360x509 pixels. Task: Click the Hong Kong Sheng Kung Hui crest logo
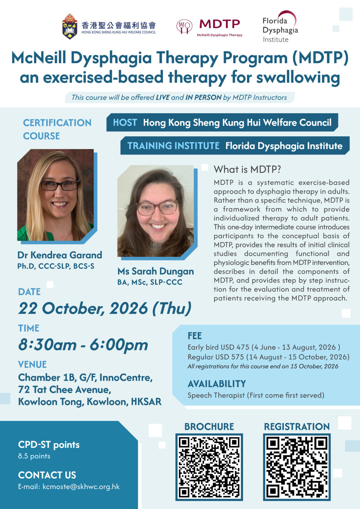pyautogui.click(x=70, y=26)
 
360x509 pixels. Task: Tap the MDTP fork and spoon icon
pyautogui.click(x=184, y=26)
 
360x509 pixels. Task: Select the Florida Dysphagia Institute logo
pyautogui.click(x=280, y=27)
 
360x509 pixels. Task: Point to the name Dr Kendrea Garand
pyautogui.click(x=60, y=255)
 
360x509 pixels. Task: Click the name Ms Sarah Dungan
pyautogui.click(x=156, y=271)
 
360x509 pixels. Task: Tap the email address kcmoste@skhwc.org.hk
pyautogui.click(x=81, y=486)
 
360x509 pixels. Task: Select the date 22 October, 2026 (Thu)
pyautogui.click(x=105, y=309)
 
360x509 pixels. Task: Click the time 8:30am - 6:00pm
pyautogui.click(x=83, y=345)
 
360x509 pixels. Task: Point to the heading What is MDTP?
pyautogui.click(x=247, y=169)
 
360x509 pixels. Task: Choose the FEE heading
pyautogui.click(x=195, y=336)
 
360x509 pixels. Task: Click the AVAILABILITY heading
pyautogui.click(x=217, y=384)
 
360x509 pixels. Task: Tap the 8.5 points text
pyautogui.click(x=34, y=456)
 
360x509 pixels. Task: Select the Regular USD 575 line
pyautogui.click(x=268, y=357)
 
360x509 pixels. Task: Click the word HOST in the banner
pyautogui.click(x=125, y=122)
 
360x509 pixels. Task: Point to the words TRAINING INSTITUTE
pyautogui.click(x=173, y=146)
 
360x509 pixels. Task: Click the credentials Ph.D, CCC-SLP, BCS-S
pyautogui.click(x=56, y=266)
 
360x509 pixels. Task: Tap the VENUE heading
pyautogui.click(x=32, y=365)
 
